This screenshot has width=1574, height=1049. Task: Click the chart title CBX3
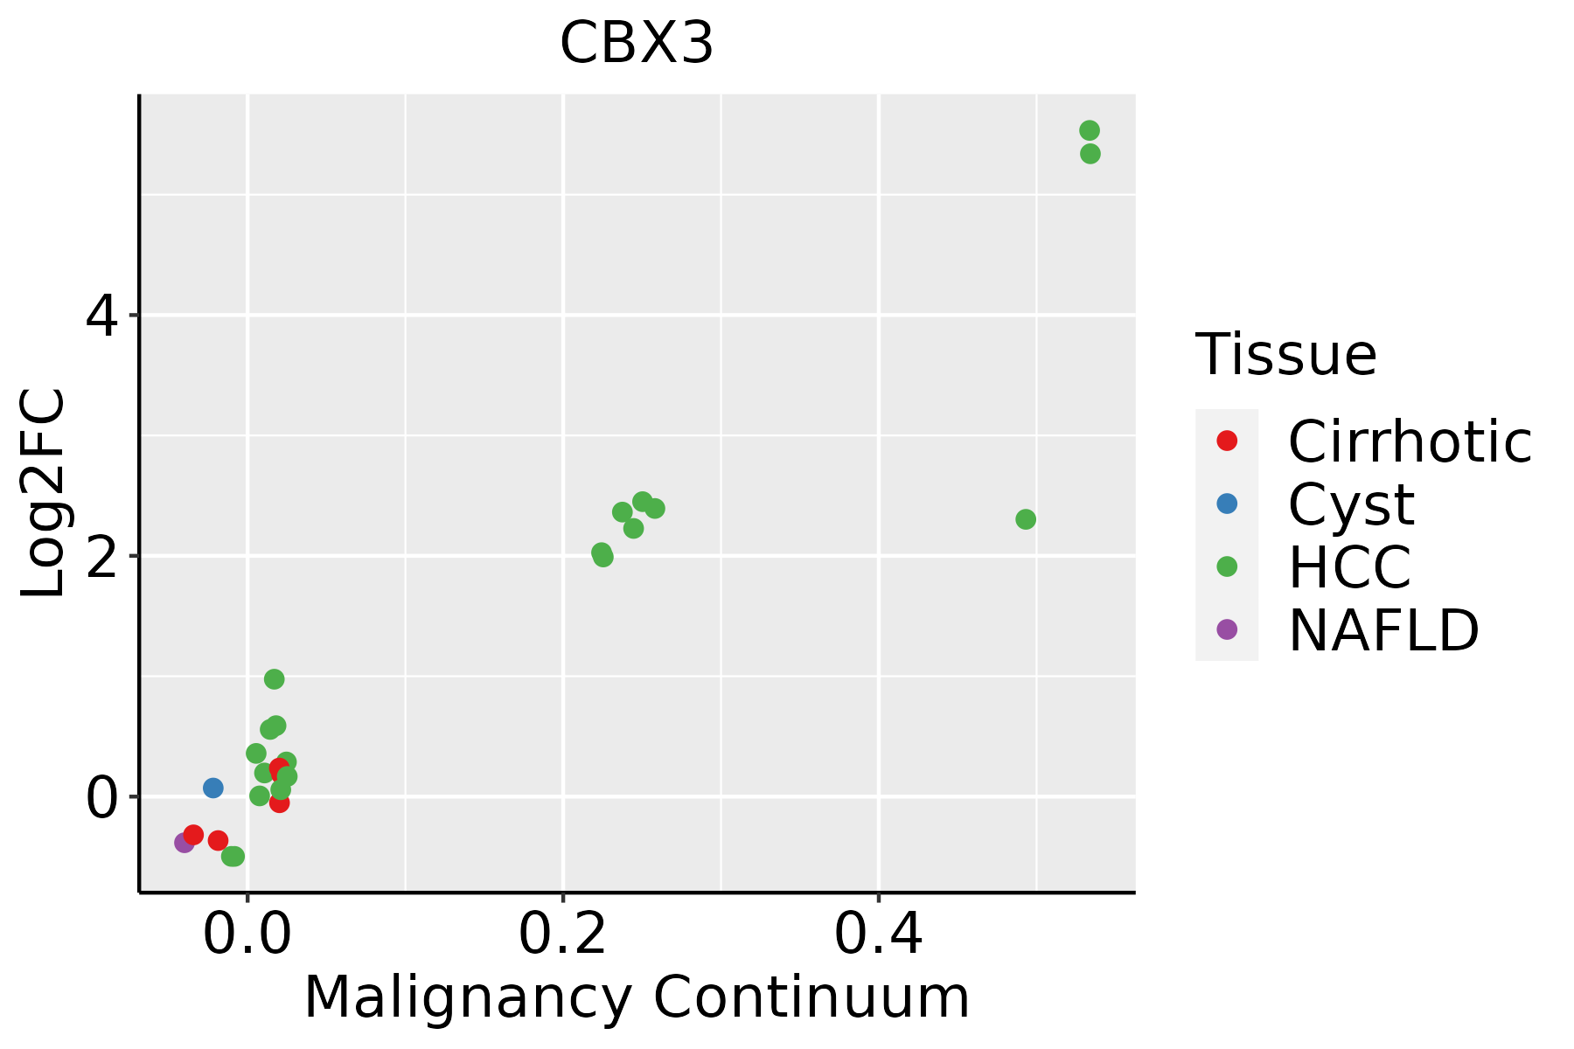click(x=637, y=44)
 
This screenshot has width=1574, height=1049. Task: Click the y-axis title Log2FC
click(x=43, y=492)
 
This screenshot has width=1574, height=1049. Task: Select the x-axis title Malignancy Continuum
click(x=637, y=997)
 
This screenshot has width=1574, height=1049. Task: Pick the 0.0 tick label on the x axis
click(x=247, y=935)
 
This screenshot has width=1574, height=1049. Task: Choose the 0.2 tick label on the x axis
click(x=563, y=935)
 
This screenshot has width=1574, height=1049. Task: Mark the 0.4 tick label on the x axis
click(x=878, y=935)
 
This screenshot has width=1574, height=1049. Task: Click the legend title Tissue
click(x=1285, y=355)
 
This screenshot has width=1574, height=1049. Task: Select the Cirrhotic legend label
click(x=1410, y=441)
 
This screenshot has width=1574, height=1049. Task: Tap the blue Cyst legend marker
click(x=1227, y=504)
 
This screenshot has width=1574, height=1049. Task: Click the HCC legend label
click(x=1349, y=566)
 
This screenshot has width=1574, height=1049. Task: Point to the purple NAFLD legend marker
click(x=1227, y=629)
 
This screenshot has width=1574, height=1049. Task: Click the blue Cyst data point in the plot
click(x=213, y=788)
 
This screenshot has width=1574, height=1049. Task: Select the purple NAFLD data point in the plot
click(x=185, y=843)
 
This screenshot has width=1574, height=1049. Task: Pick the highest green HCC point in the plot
click(x=1090, y=130)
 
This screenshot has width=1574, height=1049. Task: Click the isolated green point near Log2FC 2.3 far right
click(x=1026, y=519)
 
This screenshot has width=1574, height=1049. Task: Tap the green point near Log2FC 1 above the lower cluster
click(x=274, y=679)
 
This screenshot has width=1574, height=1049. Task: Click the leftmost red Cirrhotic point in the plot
click(x=194, y=835)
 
